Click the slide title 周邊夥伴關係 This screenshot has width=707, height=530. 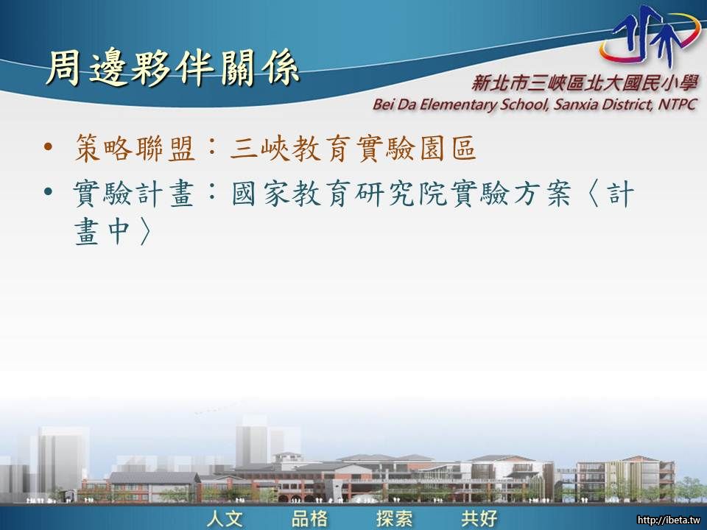pos(172,68)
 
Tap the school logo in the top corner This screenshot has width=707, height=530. pos(649,37)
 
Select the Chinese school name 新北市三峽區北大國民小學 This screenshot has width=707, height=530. pos(585,83)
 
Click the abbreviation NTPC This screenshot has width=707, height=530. pos(678,104)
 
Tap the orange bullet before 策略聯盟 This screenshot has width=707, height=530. pos(49,147)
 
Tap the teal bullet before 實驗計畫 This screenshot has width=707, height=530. pos(49,193)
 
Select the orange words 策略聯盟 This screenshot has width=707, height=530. pos(135,148)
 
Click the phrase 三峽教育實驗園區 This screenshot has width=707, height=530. pos(353,148)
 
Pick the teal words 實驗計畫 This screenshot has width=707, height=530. pos(134,194)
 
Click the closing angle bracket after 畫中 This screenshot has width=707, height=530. pos(144,232)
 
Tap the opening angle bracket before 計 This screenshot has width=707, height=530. pos(594,194)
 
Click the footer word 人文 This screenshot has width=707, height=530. pos(225,518)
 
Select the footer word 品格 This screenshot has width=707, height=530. pos(310,518)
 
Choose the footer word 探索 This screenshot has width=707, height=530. pos(395,518)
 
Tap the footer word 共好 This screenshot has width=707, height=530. pos(479,518)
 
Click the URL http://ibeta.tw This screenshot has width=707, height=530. pos(669,521)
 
